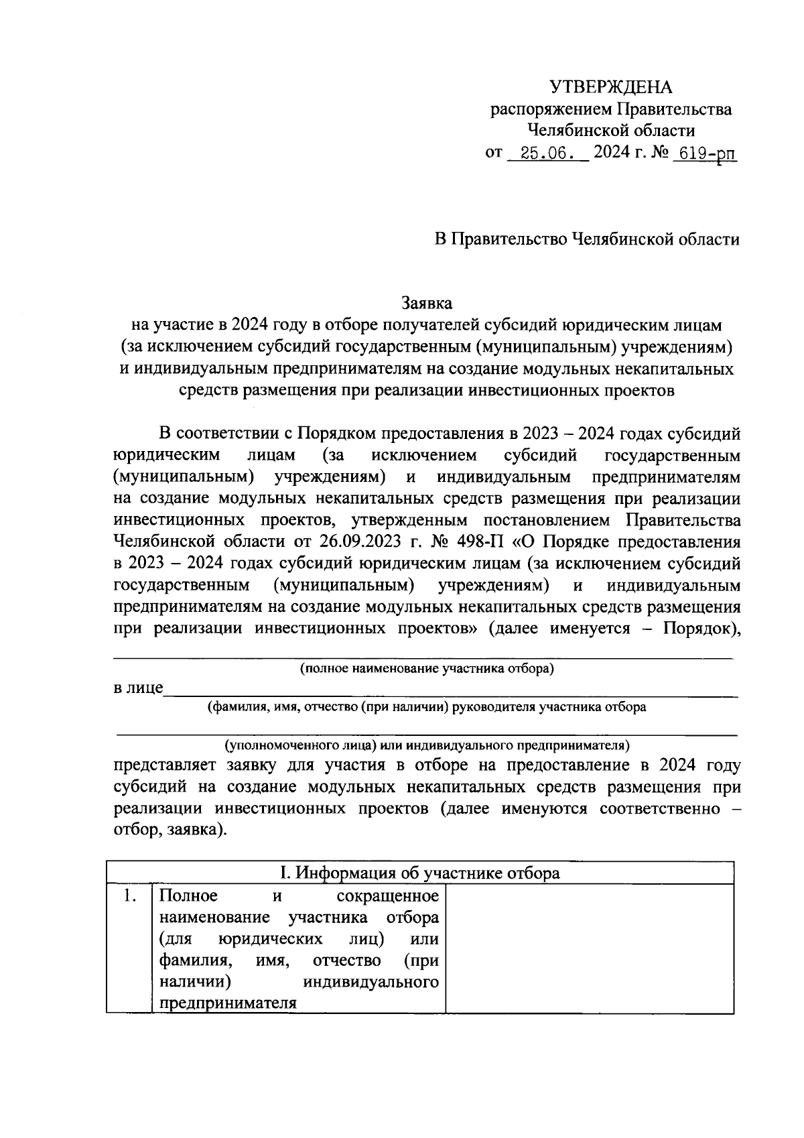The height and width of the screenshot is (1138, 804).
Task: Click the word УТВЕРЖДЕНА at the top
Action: point(610,87)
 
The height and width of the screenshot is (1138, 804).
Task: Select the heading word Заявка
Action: point(427,303)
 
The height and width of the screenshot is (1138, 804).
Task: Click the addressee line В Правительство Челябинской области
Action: point(586,239)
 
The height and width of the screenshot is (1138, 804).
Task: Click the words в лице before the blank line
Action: point(138,688)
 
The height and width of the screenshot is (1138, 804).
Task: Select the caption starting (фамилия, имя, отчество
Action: point(427,707)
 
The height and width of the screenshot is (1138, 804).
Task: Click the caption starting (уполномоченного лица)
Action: point(427,745)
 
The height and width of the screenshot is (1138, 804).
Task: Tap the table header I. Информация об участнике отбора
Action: point(419,873)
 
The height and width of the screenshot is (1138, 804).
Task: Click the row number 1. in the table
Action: point(130,897)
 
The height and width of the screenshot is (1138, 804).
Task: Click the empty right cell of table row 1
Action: point(590,948)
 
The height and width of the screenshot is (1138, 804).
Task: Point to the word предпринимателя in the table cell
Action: point(228,1004)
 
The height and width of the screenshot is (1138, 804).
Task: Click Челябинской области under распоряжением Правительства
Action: point(610,131)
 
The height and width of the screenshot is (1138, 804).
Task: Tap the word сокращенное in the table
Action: point(387,897)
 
